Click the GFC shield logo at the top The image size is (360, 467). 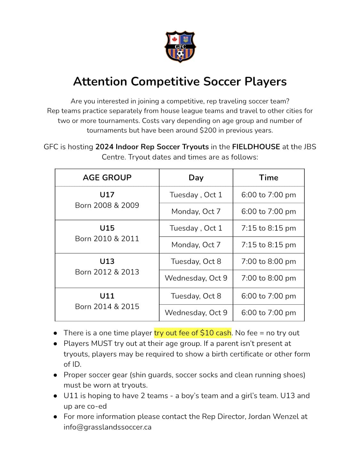[180, 47]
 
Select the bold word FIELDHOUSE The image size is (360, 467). [256, 147]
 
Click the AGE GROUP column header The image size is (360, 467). [107, 177]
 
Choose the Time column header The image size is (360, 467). [268, 177]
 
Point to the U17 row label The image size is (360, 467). [107, 195]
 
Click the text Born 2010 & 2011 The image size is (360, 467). [107, 239]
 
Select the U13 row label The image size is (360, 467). [107, 261]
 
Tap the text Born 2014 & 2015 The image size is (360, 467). [107, 307]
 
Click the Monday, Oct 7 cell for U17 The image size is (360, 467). [196, 211]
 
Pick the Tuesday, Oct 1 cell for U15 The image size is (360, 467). [196, 228]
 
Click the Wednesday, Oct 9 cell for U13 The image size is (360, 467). [196, 278]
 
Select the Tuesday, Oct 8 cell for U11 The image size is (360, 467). [196, 296]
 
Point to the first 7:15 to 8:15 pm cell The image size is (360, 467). [268, 228]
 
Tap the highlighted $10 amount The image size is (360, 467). [207, 333]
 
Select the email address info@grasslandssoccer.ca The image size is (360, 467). [108, 427]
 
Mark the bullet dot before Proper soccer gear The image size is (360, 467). [56, 375]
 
